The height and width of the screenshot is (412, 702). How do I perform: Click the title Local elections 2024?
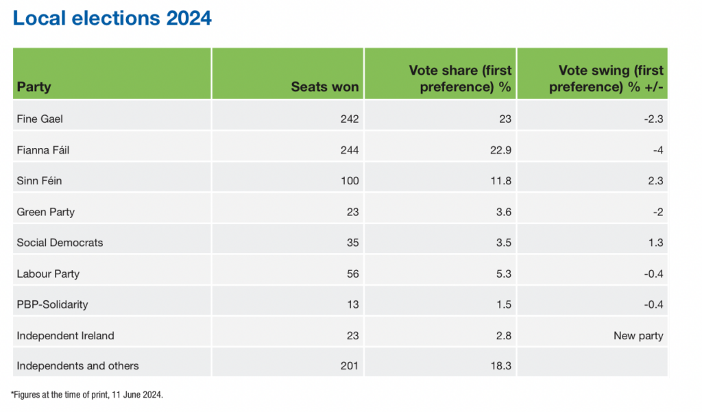click(112, 19)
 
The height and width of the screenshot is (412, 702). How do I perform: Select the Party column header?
click(34, 87)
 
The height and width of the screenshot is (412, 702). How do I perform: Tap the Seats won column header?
click(324, 87)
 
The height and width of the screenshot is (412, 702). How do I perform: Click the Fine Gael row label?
click(40, 119)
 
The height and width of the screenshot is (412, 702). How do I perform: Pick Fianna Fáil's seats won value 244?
click(349, 149)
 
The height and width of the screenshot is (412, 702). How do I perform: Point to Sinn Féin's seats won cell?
click(349, 180)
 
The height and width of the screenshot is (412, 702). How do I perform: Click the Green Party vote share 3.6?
click(503, 212)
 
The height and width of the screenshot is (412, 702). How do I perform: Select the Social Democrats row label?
click(60, 243)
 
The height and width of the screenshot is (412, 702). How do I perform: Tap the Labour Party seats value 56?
click(352, 274)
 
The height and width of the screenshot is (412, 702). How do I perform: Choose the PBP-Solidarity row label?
click(52, 304)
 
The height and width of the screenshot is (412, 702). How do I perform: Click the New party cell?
click(639, 336)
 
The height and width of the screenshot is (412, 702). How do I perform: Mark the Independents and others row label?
click(77, 366)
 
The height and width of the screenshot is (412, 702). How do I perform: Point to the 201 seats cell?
click(349, 366)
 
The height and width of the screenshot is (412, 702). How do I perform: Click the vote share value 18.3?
click(500, 366)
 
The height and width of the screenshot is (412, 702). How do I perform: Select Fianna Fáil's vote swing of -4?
click(657, 149)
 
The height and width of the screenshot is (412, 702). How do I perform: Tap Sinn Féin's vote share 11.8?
click(500, 180)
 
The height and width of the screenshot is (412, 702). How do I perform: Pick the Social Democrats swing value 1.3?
click(655, 243)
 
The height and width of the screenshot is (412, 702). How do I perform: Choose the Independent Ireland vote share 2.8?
click(503, 336)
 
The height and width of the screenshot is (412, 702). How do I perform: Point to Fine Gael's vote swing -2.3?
click(653, 119)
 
